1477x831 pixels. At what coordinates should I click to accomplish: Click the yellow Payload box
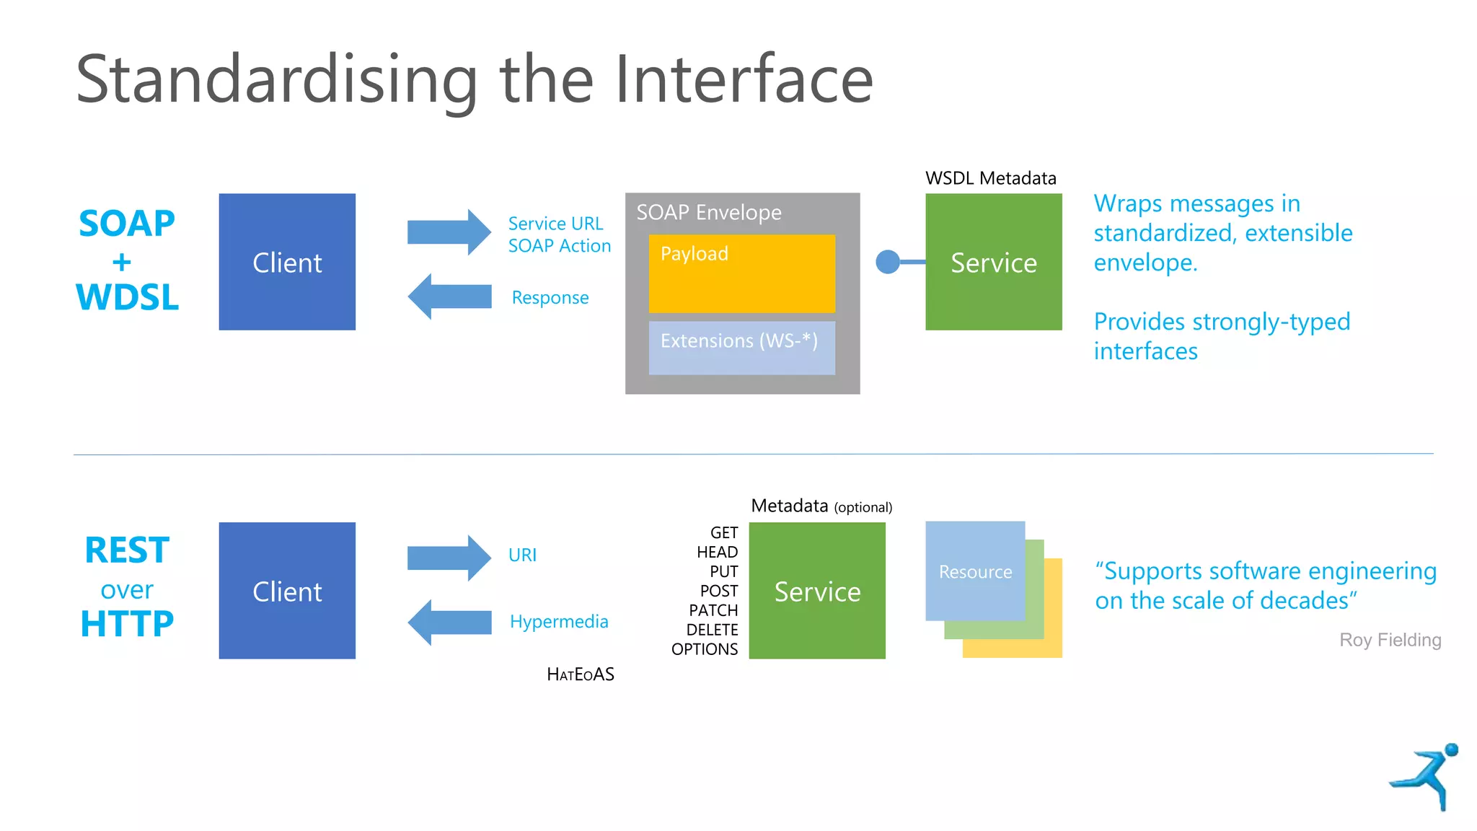point(741,273)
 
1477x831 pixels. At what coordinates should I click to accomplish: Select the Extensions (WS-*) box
point(741,348)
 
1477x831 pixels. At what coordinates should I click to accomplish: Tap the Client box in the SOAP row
point(287,262)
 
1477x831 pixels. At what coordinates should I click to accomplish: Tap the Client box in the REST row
point(287,591)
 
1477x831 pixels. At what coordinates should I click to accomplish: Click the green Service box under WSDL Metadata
point(993,262)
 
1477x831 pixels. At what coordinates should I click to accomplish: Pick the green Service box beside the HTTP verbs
point(817,591)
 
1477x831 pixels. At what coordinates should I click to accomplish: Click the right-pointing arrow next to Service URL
point(449,232)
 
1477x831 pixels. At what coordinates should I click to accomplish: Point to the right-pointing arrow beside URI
point(449,558)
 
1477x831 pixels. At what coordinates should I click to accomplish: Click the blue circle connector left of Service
point(888,262)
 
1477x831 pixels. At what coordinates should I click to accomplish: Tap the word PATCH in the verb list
point(713,610)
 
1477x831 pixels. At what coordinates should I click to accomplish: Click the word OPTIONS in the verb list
point(705,649)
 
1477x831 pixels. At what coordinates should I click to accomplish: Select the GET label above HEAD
point(724,533)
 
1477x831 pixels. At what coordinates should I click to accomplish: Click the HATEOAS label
point(581,674)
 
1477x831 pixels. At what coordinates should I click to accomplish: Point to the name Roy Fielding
point(1390,640)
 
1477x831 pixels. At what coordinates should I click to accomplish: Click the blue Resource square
point(975,571)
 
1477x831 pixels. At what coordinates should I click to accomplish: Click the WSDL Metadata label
point(990,178)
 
